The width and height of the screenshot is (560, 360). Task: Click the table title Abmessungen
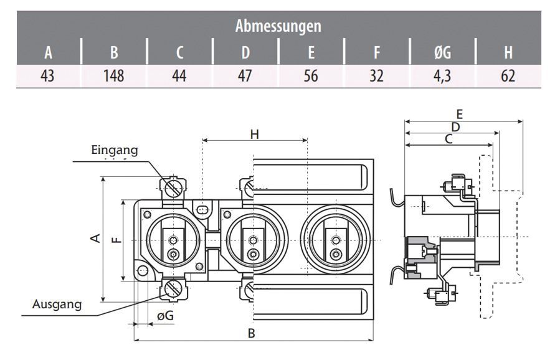tap(278, 27)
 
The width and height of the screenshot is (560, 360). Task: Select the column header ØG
tap(442, 53)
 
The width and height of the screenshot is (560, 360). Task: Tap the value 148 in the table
tap(113, 76)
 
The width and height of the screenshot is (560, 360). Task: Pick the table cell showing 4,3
tap(442, 76)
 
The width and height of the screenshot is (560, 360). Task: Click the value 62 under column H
tap(507, 76)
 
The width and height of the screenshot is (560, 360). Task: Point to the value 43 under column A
tap(48, 76)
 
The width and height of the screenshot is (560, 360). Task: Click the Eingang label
tap(114, 150)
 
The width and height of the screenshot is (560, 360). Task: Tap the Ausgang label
tap(57, 304)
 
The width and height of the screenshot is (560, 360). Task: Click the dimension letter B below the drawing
tap(252, 333)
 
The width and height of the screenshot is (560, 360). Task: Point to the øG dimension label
tap(165, 316)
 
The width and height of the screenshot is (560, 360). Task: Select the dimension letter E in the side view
tap(460, 115)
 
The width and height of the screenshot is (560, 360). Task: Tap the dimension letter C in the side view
tap(448, 140)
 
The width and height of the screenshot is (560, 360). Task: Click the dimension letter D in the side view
tap(455, 127)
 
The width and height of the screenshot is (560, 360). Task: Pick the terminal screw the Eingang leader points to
tap(173, 187)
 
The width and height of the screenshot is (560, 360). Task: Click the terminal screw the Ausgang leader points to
tap(173, 289)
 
